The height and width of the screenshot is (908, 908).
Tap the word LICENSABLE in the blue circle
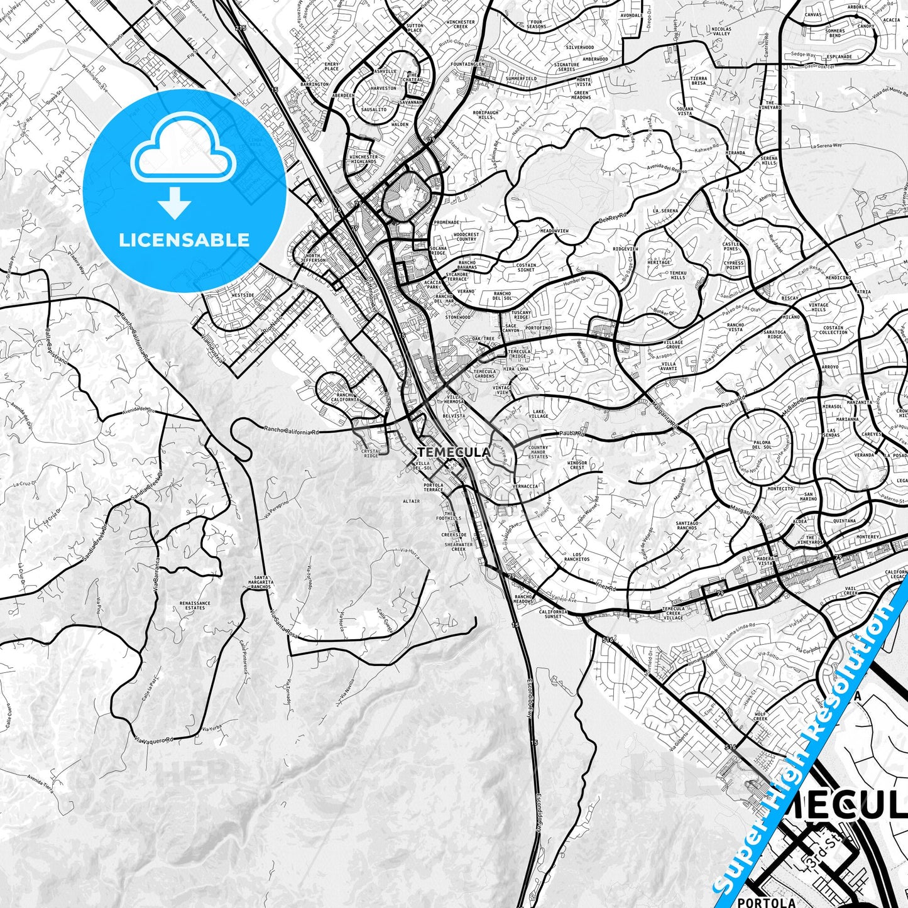click(x=184, y=240)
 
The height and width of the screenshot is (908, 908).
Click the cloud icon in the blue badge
click(x=183, y=154)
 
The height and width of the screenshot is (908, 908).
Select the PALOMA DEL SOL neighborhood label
click(x=762, y=445)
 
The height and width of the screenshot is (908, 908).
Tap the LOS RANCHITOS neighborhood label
click(x=576, y=556)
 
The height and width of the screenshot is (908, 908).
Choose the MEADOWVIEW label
click(x=554, y=231)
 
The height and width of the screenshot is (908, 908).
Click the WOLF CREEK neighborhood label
click(x=761, y=717)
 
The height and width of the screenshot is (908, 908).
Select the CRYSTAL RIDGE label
click(x=370, y=453)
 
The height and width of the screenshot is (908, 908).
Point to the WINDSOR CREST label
click(x=577, y=465)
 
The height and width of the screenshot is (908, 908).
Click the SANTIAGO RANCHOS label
click(x=687, y=525)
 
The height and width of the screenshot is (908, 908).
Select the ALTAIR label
click(x=412, y=501)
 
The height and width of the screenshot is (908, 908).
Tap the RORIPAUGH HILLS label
click(x=484, y=115)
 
